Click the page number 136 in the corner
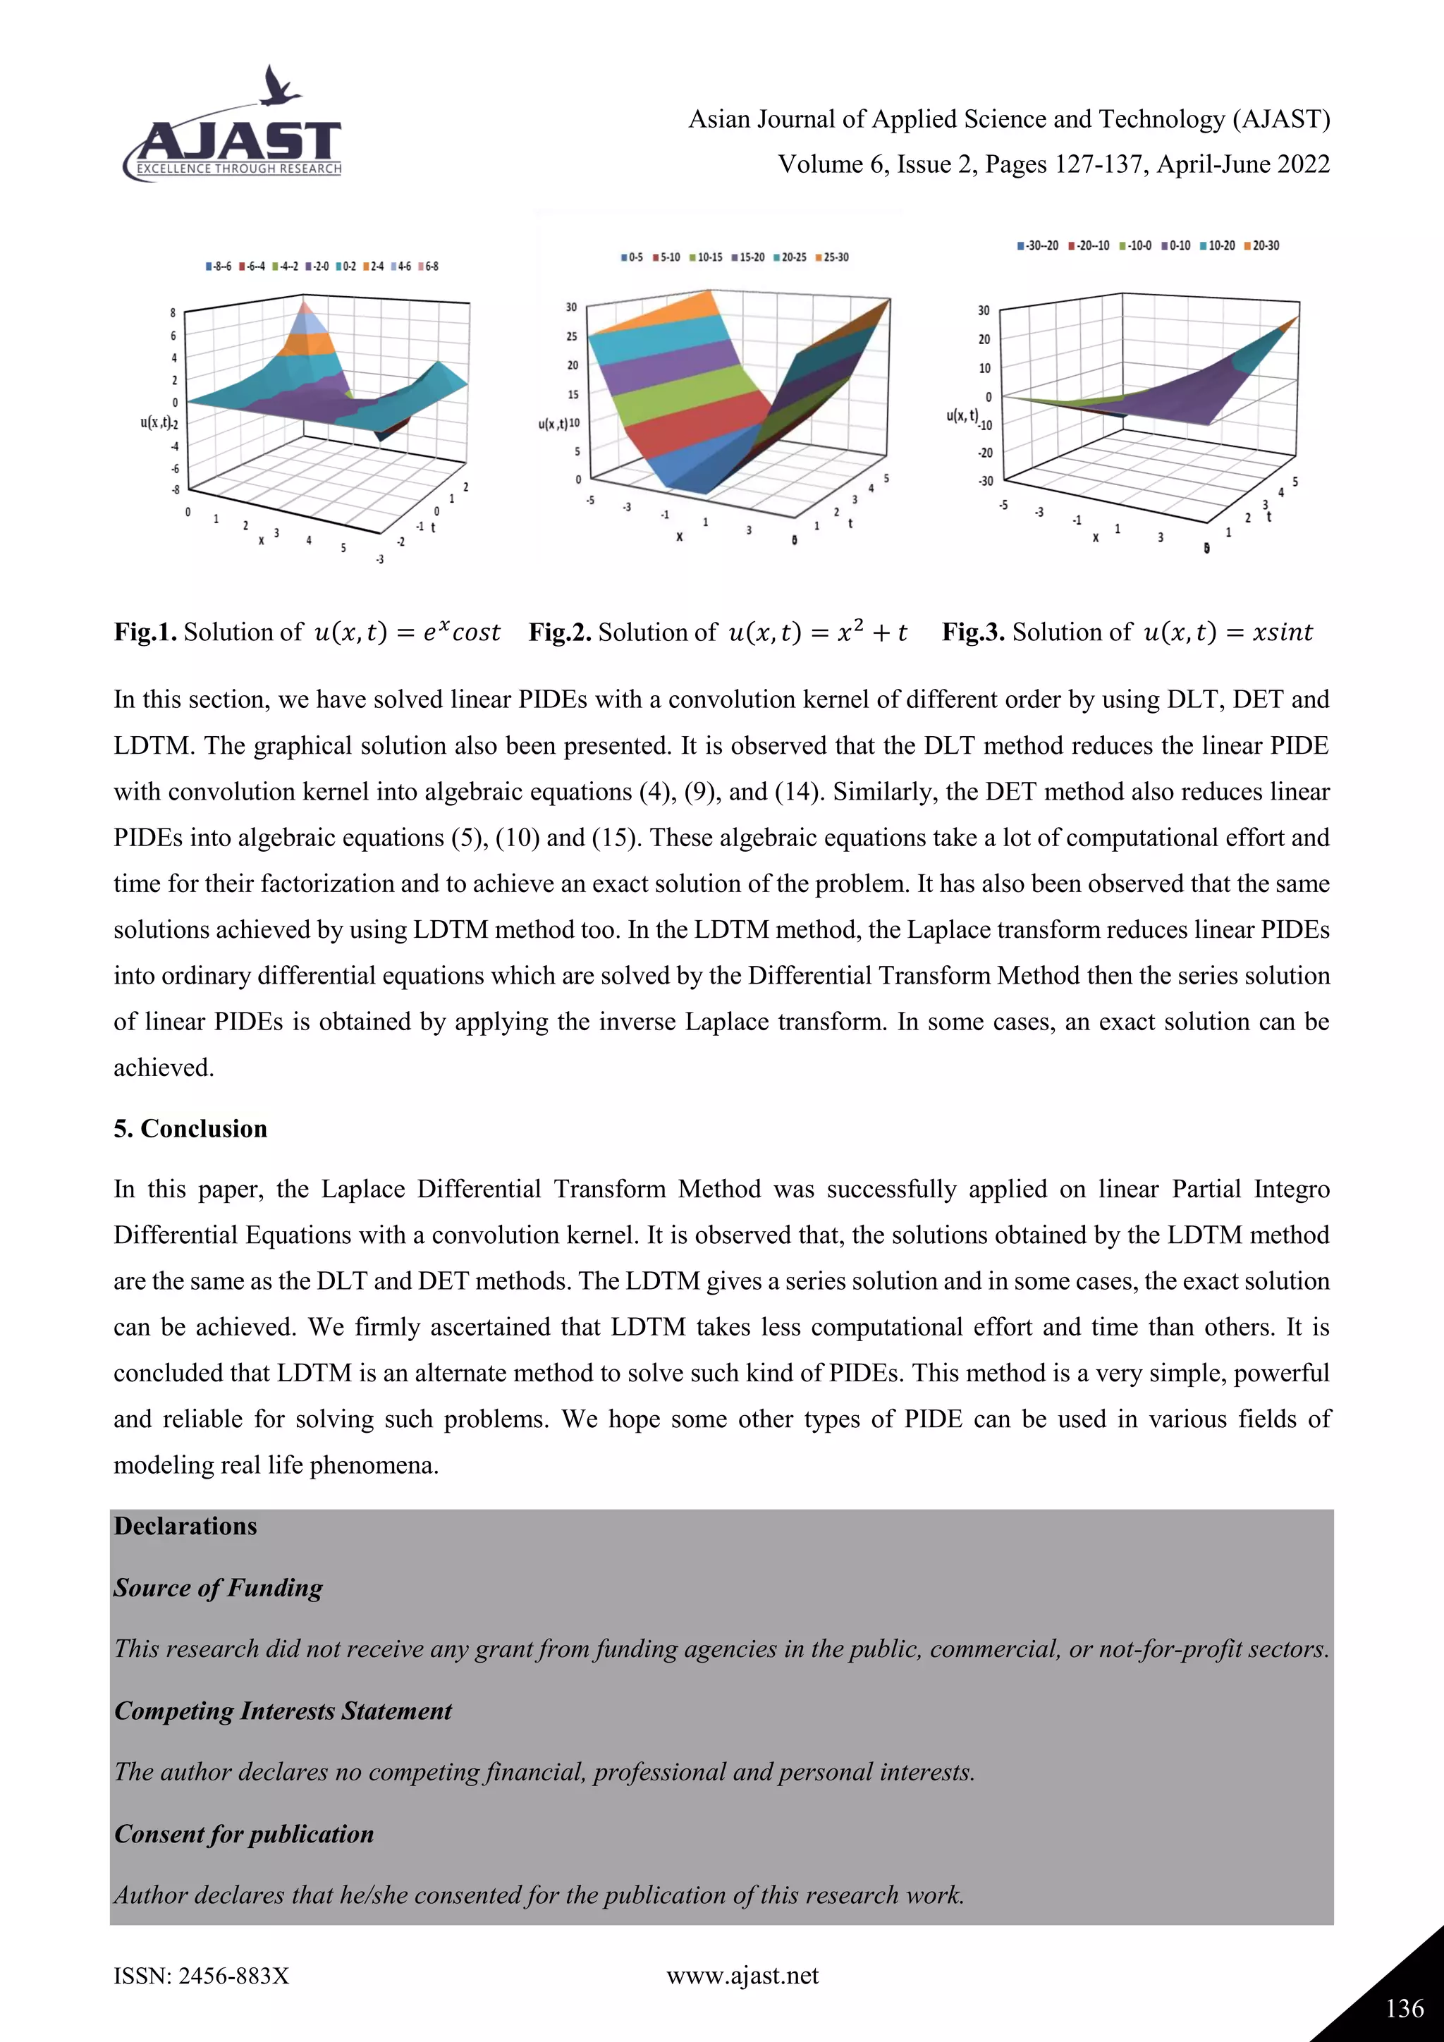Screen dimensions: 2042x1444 tap(1404, 2007)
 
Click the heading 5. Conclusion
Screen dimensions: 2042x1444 tap(190, 1129)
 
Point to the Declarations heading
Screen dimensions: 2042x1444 tap(185, 1526)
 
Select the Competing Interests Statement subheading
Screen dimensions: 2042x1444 tap(283, 1711)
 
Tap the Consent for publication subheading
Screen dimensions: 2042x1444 tap(244, 1833)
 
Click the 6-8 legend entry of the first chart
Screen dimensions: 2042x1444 tap(429, 266)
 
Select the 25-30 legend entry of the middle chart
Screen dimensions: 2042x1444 tap(832, 257)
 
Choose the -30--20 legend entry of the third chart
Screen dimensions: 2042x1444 tap(1039, 245)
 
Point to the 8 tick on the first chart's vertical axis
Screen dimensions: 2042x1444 tap(173, 313)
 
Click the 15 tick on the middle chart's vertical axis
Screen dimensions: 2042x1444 tap(573, 394)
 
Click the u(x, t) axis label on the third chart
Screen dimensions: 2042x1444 tap(961, 415)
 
